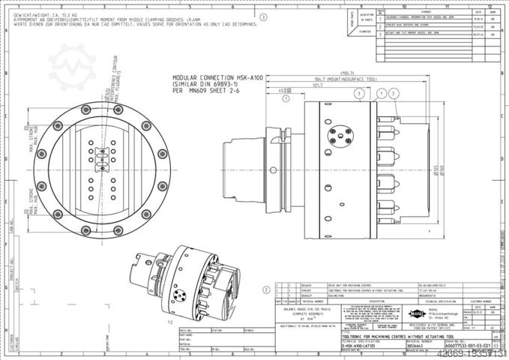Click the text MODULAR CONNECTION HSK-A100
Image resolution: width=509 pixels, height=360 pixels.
213,77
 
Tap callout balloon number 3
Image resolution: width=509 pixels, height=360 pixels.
359,93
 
